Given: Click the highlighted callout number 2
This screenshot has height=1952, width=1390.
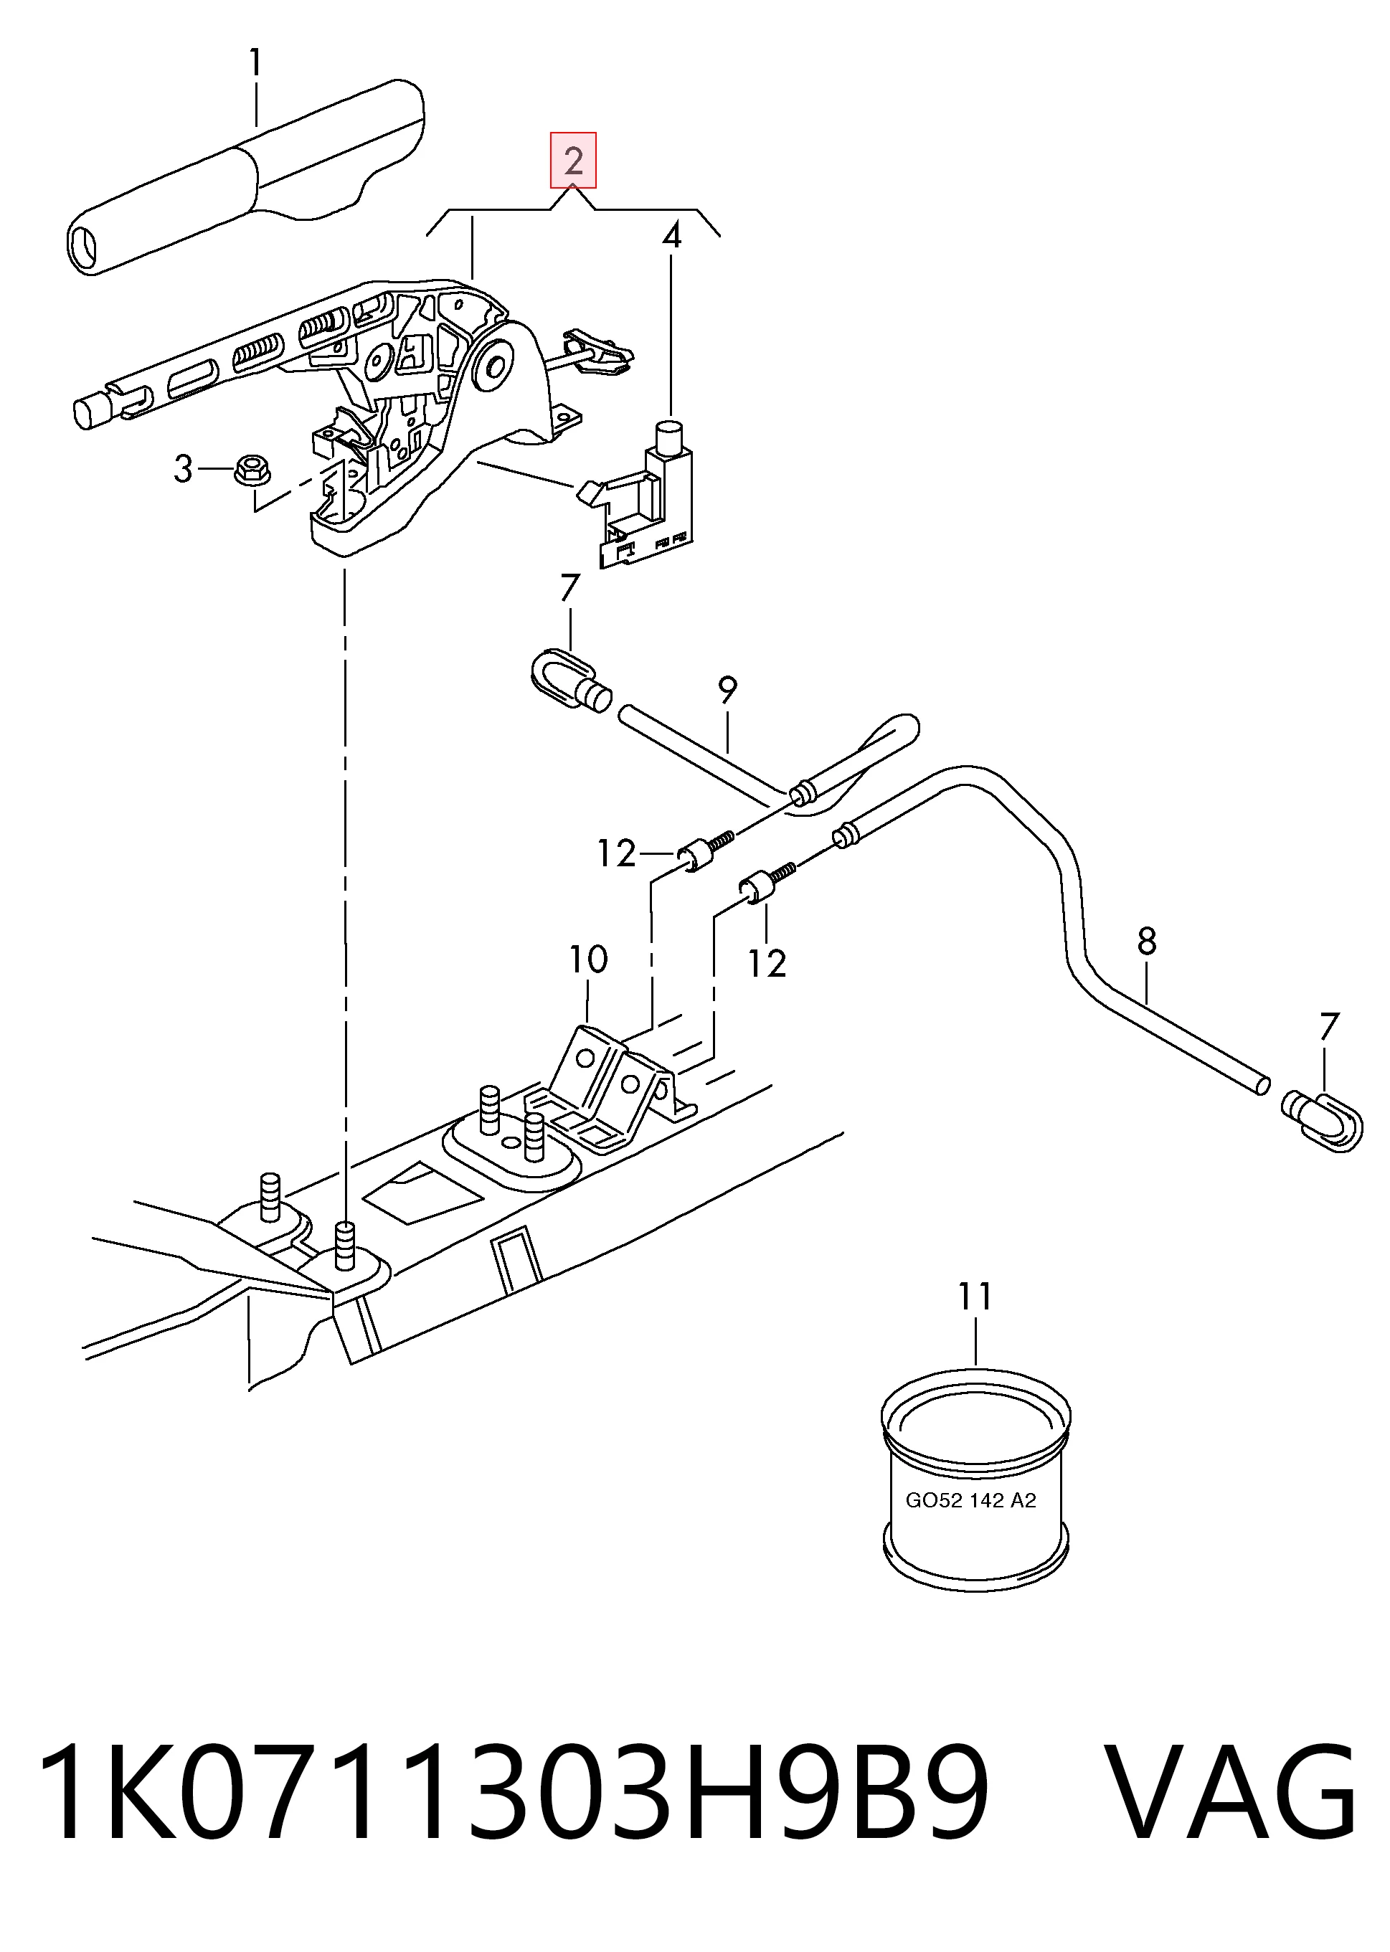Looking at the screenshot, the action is pos(572,161).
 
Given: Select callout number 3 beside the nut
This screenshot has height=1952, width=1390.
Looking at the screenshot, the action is pos(183,469).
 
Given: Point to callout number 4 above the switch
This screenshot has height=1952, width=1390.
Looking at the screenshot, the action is pos(672,235).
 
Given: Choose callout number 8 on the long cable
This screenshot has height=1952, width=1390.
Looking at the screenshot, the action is pos(1147,942).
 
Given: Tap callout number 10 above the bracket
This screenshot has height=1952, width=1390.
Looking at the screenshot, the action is pos(589,960).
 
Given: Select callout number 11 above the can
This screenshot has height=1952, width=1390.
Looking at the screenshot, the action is pos(975,1297).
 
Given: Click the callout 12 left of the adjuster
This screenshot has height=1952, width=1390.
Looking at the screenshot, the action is pos(616,853).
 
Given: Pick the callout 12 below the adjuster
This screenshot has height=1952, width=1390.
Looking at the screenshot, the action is pos(767,964).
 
